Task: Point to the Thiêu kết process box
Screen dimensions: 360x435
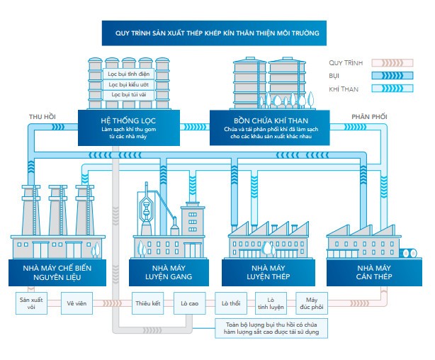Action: click(149, 303)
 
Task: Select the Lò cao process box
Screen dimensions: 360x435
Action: click(189, 303)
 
